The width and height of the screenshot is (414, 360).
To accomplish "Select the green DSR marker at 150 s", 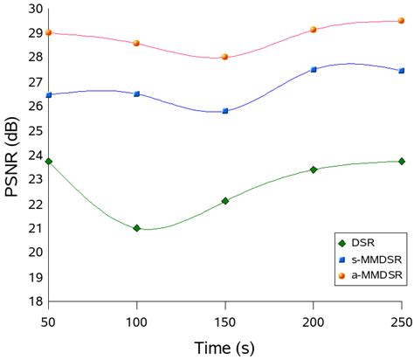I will coord(225,201).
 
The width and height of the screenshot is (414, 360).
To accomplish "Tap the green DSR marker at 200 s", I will coord(314,170).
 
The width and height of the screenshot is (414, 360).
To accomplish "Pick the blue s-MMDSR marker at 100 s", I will coord(136,93).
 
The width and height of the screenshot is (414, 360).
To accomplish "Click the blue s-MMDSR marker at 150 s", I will coord(225,111).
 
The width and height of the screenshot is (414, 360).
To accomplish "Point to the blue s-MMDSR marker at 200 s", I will coord(314,69).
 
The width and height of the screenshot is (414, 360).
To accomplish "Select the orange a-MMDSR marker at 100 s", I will coord(136,43).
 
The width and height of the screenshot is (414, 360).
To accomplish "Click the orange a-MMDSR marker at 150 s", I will coord(225,57).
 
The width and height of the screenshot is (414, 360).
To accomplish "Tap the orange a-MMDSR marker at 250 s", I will coord(401,21).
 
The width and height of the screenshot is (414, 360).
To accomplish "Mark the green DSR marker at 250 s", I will coord(401,161).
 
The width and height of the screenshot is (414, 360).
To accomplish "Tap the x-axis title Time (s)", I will coord(224,348).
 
